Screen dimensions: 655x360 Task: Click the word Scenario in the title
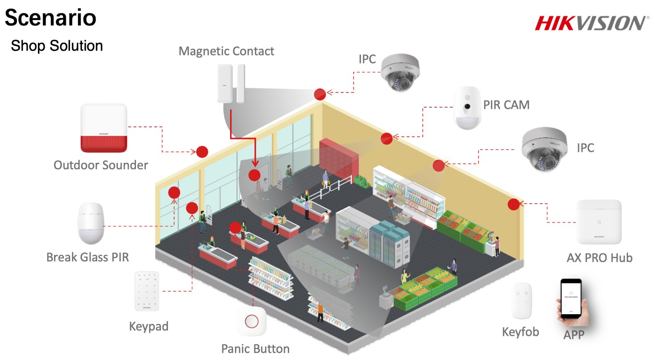coord(51,18)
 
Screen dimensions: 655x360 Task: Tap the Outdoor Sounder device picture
coord(104,128)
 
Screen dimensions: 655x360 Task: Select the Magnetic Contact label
coord(226,51)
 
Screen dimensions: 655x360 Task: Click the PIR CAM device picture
coord(467,108)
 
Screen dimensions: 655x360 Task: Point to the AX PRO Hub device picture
coord(599,222)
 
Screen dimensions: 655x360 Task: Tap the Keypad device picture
coord(147,291)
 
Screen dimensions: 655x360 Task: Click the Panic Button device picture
coord(252,322)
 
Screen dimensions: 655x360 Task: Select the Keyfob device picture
coord(522,301)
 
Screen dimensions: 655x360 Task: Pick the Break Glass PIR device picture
coord(91,223)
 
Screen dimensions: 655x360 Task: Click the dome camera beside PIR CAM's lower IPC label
coord(544,149)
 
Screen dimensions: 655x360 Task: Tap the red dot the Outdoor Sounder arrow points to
coord(202,152)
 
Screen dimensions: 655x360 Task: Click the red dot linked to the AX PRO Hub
coord(513,204)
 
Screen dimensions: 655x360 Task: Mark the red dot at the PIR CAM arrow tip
coord(386,139)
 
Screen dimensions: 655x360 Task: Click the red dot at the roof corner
coord(320,94)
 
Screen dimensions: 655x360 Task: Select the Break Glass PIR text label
coord(88,257)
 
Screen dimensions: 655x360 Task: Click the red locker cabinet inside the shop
coord(339,158)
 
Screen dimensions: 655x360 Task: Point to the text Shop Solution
coord(57,46)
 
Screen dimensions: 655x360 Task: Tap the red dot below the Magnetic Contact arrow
coord(254,175)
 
